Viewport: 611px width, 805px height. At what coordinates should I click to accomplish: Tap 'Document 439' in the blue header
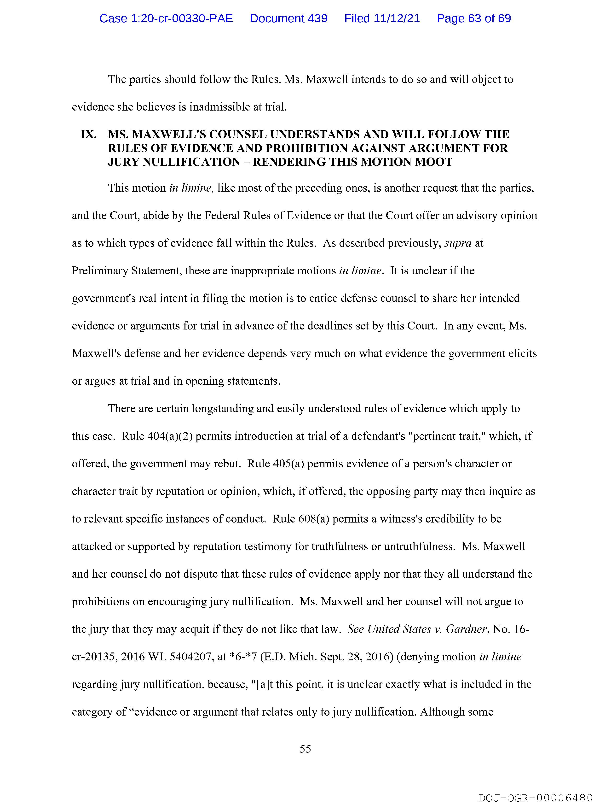288,18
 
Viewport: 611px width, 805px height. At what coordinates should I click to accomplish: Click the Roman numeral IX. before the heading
89,135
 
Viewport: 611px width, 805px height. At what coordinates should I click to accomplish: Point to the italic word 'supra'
458,243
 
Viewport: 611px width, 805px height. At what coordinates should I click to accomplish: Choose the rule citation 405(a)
288,464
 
